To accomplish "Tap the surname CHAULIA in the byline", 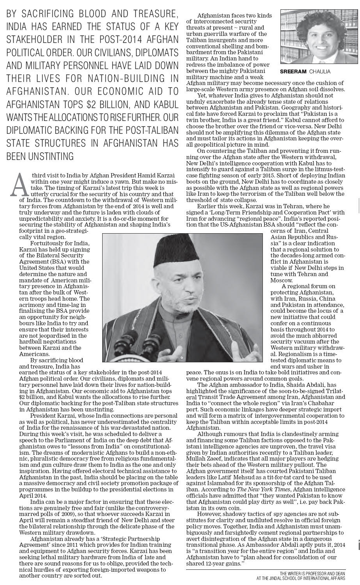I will [319, 71].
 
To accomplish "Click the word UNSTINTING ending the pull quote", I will [40, 156].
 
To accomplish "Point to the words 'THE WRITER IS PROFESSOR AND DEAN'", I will [312, 573].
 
